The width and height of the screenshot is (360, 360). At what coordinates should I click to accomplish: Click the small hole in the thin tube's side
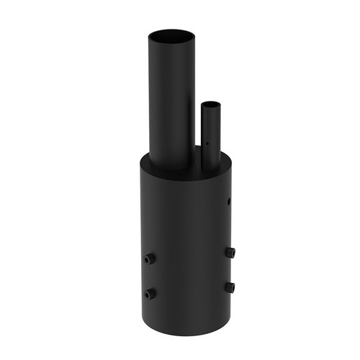coord(205,143)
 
